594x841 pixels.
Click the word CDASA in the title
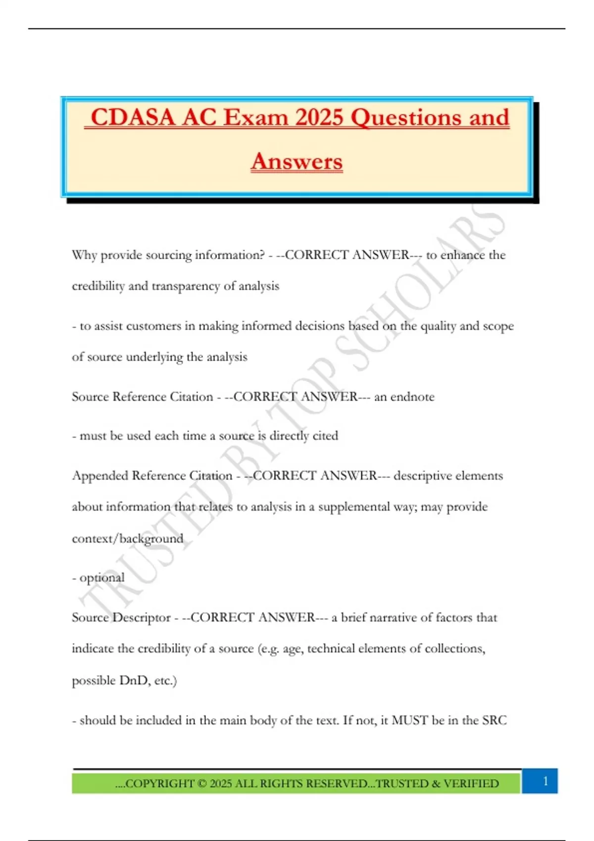tap(133, 118)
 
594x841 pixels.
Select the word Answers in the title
tap(297, 162)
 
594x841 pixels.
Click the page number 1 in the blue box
tap(545, 781)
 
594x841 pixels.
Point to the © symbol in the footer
tap(202, 784)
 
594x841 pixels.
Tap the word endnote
tap(412, 397)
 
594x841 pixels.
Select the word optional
tap(102, 578)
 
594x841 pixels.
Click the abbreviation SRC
tap(494, 720)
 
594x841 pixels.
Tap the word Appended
tap(98, 476)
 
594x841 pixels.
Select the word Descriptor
tap(141, 618)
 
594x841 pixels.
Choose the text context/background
tap(127, 539)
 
